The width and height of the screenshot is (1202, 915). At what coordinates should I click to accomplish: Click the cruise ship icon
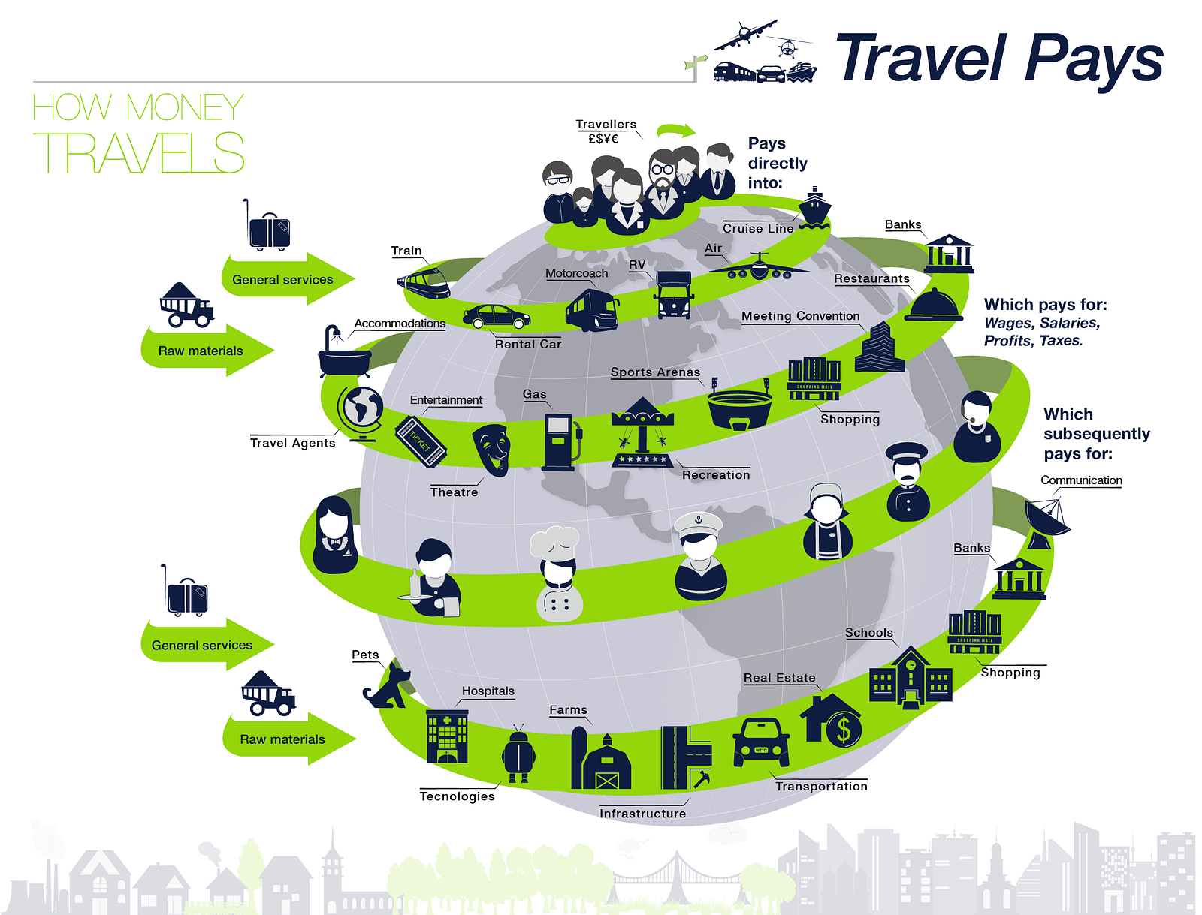click(x=814, y=208)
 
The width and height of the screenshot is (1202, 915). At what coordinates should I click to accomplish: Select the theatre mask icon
click(x=493, y=449)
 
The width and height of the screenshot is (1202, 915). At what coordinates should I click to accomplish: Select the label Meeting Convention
click(x=800, y=316)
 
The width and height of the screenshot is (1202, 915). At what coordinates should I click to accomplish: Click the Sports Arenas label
click(x=655, y=372)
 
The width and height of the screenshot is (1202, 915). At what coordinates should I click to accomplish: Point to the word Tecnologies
click(x=457, y=796)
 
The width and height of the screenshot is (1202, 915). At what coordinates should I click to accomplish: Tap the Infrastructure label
click(x=642, y=814)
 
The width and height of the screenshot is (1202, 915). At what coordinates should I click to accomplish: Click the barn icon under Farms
click(x=601, y=760)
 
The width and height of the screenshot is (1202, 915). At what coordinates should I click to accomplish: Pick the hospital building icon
click(x=447, y=736)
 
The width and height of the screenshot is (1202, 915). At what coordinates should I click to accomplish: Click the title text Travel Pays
click(x=999, y=59)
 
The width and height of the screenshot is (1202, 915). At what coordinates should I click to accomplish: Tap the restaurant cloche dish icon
click(x=934, y=306)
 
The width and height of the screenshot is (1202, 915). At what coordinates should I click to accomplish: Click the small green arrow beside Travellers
click(x=675, y=131)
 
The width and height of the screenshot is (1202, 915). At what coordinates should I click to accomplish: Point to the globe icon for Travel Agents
click(x=361, y=411)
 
